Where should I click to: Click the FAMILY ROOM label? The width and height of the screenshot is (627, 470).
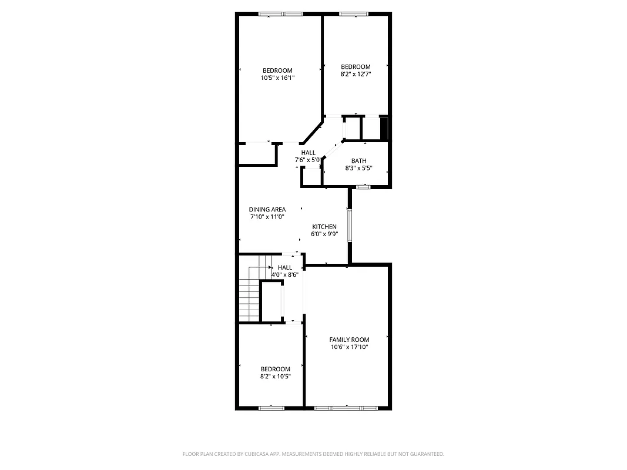coord(349,340)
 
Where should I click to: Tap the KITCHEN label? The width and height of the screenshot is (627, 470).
coord(324,227)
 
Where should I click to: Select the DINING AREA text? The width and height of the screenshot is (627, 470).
coord(267,209)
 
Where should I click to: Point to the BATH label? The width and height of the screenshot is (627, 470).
coord(358,161)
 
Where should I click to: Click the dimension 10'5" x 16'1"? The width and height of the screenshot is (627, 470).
coord(277,78)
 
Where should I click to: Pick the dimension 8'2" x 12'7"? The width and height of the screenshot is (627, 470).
coord(356,74)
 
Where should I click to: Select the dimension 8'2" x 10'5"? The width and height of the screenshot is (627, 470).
coord(276,376)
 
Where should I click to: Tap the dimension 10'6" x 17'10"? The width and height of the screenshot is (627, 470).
coord(349,347)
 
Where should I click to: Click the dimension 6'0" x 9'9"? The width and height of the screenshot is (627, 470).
coord(324,234)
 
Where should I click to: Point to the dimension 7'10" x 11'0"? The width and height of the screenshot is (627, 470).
coord(267,217)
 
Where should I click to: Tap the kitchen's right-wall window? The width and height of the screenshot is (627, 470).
coord(349,225)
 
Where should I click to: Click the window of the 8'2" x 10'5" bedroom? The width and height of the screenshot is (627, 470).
coord(271,407)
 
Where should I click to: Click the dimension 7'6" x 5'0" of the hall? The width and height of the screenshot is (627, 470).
coord(308,160)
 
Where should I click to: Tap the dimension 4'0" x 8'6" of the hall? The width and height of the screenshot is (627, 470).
coord(285,274)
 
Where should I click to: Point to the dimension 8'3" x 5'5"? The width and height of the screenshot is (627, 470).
coord(358,168)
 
